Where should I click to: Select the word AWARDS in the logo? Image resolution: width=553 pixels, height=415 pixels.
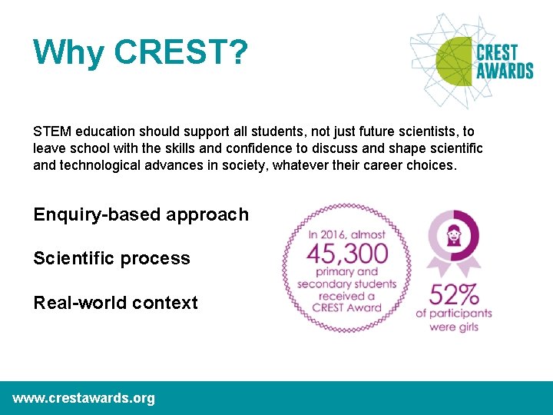[505, 71]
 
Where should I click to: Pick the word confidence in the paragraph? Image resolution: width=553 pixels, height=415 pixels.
[240, 148]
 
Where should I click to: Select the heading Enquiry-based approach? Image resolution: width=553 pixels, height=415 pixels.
[141, 214]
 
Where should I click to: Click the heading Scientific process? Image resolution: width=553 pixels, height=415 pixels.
[111, 258]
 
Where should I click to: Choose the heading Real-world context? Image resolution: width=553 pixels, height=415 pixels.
[115, 303]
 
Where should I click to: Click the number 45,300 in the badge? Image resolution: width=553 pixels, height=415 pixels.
[347, 252]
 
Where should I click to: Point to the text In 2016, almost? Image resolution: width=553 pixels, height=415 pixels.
[346, 233]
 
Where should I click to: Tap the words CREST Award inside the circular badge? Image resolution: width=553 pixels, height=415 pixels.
[346, 307]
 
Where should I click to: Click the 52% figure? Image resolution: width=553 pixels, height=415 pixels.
[453, 294]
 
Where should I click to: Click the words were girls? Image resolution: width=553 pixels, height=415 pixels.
[453, 327]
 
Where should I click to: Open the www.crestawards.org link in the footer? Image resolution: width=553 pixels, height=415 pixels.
[84, 398]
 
